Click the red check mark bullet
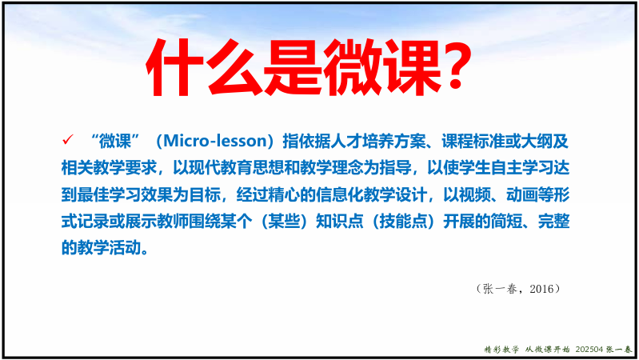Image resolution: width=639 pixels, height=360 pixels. (68, 140)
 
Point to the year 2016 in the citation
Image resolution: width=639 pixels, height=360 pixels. (541, 289)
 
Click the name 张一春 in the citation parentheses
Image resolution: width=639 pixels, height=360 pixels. (500, 289)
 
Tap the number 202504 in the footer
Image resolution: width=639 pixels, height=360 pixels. (589, 350)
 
